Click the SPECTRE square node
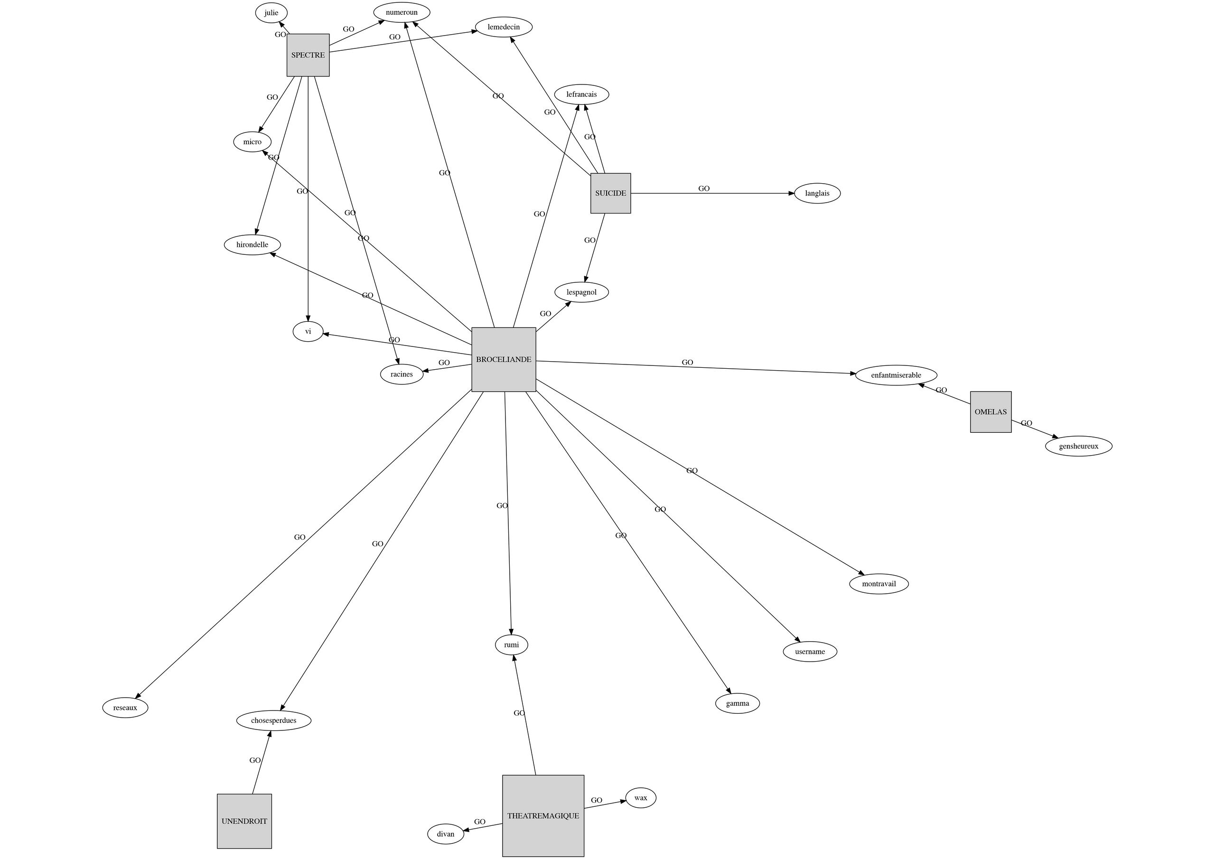pos(308,55)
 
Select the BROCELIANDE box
pos(503,359)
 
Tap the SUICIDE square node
pos(610,193)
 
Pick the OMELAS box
pos(990,412)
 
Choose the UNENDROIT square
pos(244,821)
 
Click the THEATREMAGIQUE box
pos(543,816)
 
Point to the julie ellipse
pos(271,13)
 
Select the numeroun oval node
pos(402,12)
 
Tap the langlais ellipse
pos(817,193)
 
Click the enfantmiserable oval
pos(896,375)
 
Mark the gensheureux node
pos(1078,446)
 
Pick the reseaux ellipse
pos(125,708)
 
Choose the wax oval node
pos(640,798)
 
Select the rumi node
pos(511,644)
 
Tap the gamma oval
pos(737,703)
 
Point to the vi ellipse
pos(308,331)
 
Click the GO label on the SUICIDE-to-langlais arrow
pos(704,188)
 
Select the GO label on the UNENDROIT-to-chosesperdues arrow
pos(255,760)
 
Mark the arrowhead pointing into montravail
pos(861,573)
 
